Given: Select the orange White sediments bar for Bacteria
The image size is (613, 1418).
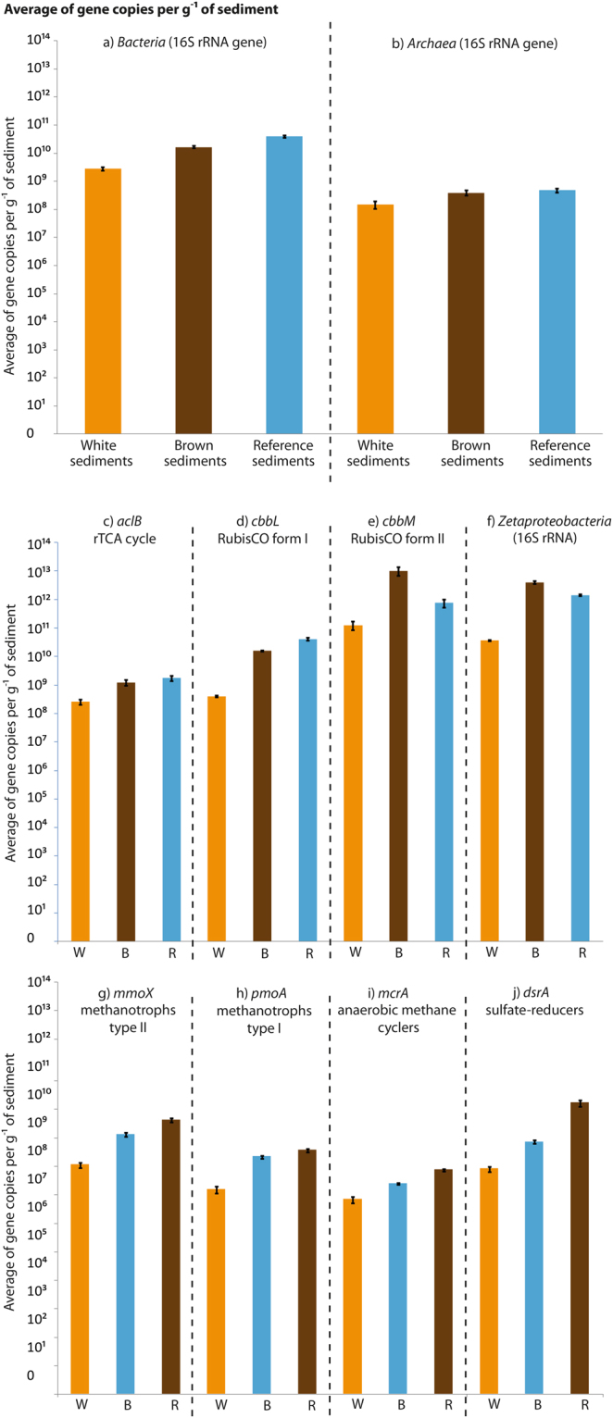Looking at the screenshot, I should [103, 301].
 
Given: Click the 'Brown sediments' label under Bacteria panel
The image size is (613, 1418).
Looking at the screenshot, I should [194, 453].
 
